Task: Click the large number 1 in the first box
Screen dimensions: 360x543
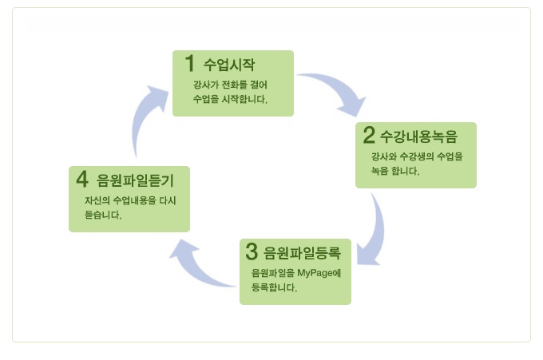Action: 190,62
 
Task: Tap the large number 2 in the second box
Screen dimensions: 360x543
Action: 369,135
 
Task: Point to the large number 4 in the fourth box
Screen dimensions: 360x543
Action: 82,179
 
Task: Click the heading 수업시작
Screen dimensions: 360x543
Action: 229,64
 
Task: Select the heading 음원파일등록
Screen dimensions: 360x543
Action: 302,254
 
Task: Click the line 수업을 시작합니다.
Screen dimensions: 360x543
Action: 230,100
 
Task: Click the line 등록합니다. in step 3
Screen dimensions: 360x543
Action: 274,287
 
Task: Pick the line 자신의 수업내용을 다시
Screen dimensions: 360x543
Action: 129,200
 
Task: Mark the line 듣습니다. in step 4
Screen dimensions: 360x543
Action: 102,215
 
